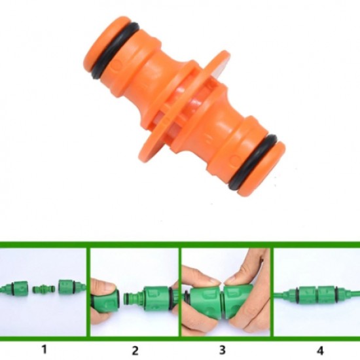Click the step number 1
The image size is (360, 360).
[x=44, y=348]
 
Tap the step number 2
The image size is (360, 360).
[x=134, y=348]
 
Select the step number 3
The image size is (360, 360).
[x=225, y=348]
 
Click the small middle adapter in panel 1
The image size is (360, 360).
[x=44, y=289]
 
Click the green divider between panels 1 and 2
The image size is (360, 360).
[x=88, y=291]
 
